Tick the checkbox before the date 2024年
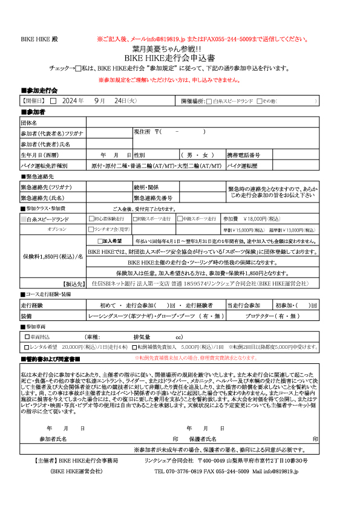53,101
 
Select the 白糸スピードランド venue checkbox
209,102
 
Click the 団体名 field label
30,122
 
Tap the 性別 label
140,155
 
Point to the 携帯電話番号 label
244,155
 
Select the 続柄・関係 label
146,187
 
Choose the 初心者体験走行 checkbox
91,219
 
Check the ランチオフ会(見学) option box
91,229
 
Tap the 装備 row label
27,316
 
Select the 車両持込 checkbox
27,337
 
